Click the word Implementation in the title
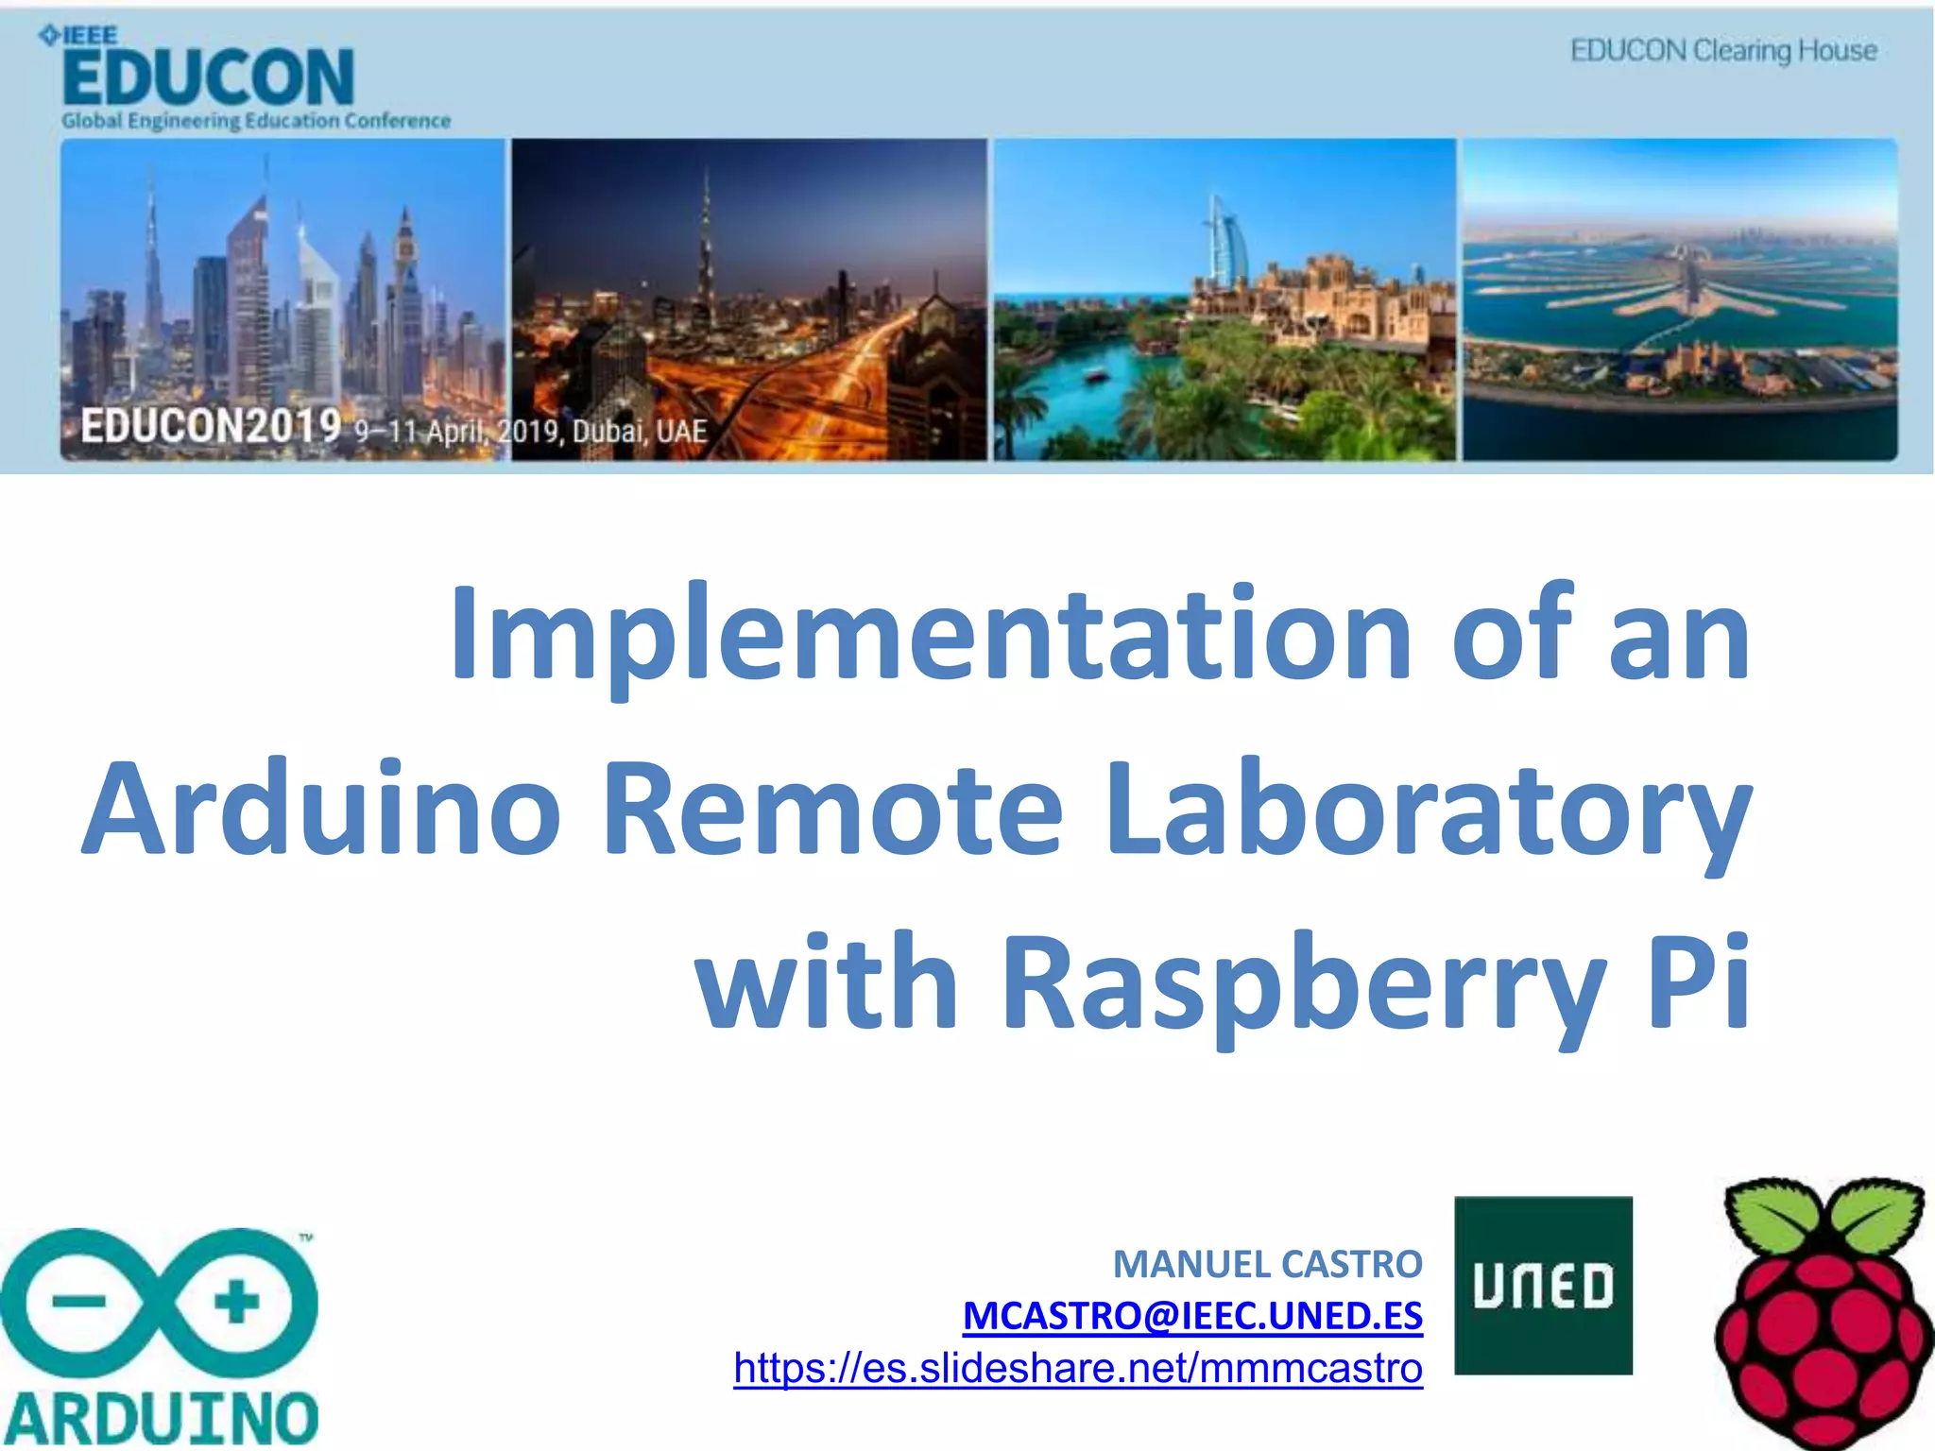point(931,633)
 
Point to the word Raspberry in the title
point(1304,982)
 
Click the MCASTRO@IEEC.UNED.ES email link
point(1192,1316)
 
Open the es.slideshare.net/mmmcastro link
point(1078,1368)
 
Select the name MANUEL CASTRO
point(1267,1264)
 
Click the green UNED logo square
point(1543,1285)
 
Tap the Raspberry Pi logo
point(1822,1313)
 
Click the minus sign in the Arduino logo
point(79,1303)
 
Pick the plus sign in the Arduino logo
point(236,1303)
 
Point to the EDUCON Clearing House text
point(1723,50)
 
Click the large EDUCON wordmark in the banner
point(209,78)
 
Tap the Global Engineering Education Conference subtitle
point(256,121)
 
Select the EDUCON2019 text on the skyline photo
point(211,426)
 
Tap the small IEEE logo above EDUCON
point(79,36)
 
